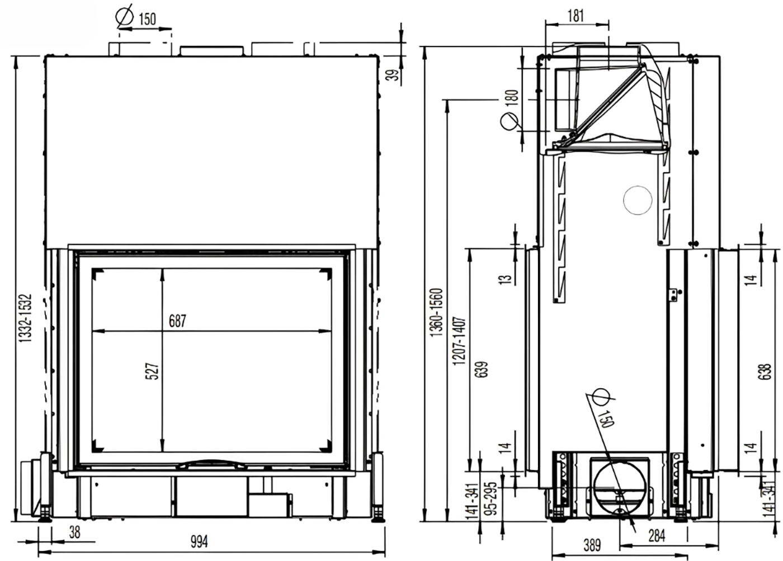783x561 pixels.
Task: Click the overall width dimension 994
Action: pos(199,542)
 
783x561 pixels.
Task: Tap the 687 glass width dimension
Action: pos(178,321)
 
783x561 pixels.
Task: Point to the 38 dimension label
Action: pos(75,532)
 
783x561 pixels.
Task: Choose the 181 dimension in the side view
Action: pos(576,16)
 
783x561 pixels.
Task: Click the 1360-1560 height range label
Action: pos(436,312)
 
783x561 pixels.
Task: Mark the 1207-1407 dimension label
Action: pos(459,341)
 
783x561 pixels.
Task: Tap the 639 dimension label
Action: pos(482,369)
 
